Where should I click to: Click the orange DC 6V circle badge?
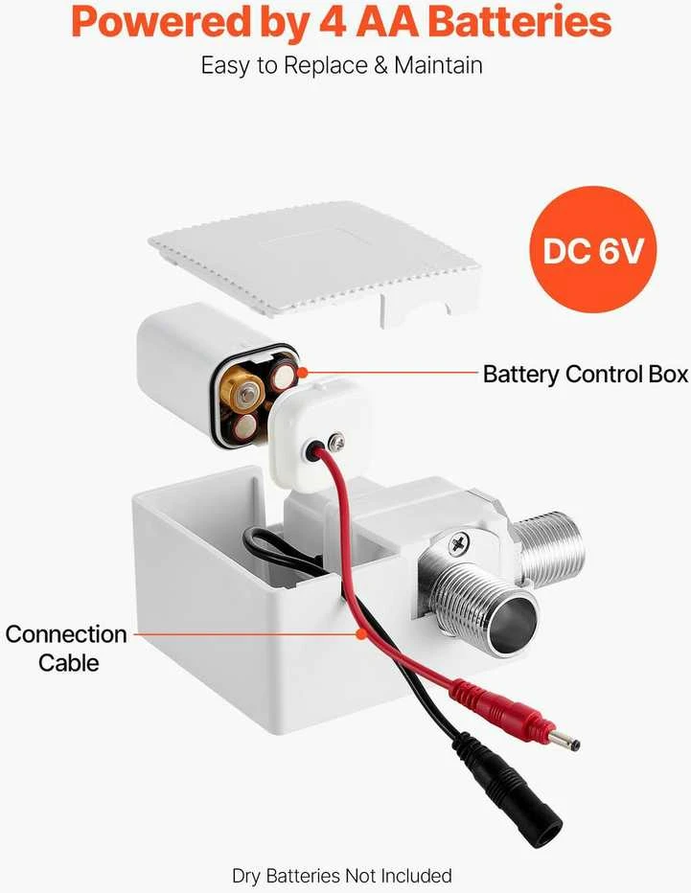click(592, 249)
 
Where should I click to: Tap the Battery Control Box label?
click(585, 375)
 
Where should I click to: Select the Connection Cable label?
click(67, 648)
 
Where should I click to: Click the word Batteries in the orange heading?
click(518, 22)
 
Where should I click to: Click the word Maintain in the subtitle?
click(438, 65)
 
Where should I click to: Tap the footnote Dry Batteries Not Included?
click(342, 876)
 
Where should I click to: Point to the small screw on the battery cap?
click(337, 439)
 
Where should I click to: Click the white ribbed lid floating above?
click(313, 259)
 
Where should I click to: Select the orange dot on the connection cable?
click(360, 633)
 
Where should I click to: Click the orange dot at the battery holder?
click(303, 373)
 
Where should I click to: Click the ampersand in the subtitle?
click(380, 65)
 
